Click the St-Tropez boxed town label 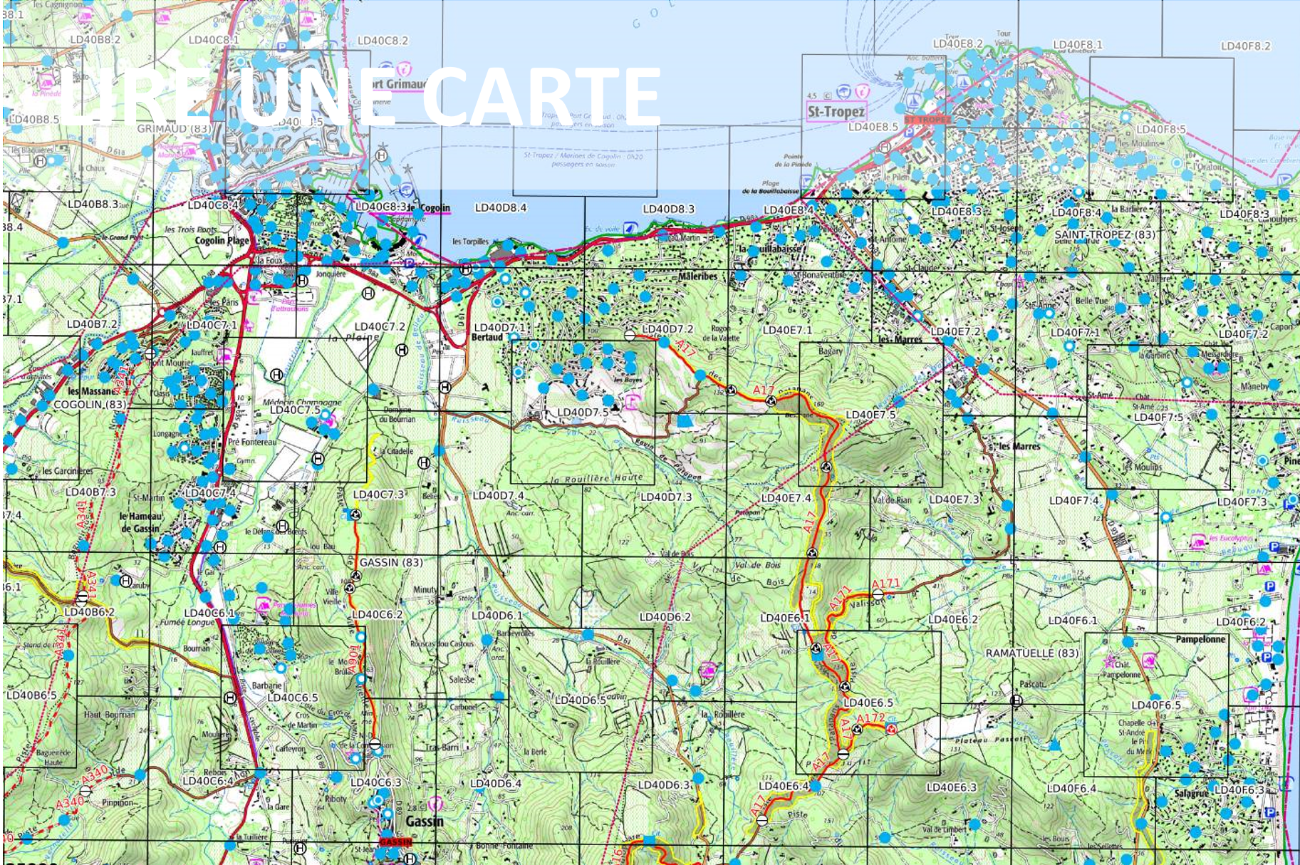click(836, 112)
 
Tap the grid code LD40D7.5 click(583, 412)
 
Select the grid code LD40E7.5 click(870, 415)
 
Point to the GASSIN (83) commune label click(390, 562)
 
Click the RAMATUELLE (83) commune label click(1031, 653)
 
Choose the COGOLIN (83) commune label click(90, 404)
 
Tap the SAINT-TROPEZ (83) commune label click(1105, 234)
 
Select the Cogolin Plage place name click(222, 241)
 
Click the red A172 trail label click(870, 718)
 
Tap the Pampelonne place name click(1200, 639)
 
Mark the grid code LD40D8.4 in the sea click(500, 208)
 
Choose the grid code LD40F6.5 click(1155, 705)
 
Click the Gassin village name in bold click(424, 822)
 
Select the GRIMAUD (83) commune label click(174, 128)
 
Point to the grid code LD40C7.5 click(295, 410)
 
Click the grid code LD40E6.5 click(868, 702)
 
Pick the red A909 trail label click(354, 659)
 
